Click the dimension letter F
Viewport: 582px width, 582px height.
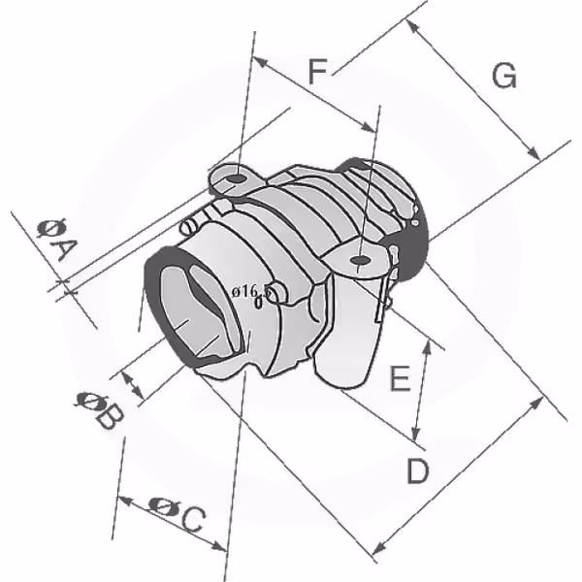[x=317, y=71]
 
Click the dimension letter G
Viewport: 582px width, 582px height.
[x=504, y=76]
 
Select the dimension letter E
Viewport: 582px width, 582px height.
[x=400, y=378]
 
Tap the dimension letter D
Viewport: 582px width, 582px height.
[x=417, y=470]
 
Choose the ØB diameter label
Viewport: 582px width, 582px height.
[x=99, y=409]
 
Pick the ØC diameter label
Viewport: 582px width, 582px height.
[x=178, y=513]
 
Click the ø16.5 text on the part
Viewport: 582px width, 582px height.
[x=249, y=292]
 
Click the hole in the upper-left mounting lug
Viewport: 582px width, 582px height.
[x=237, y=178]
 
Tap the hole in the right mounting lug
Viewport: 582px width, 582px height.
[x=359, y=260]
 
